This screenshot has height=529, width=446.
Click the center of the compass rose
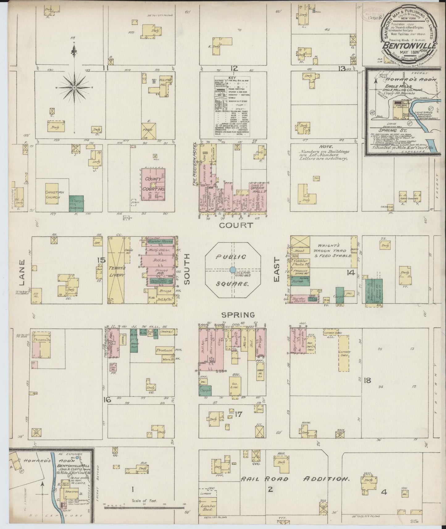tap(74, 88)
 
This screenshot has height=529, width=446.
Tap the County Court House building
tap(153, 184)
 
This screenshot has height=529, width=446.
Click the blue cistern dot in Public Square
tap(232, 270)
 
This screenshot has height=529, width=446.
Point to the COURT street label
tap(236, 225)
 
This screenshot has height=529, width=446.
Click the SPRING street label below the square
tap(238, 315)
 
